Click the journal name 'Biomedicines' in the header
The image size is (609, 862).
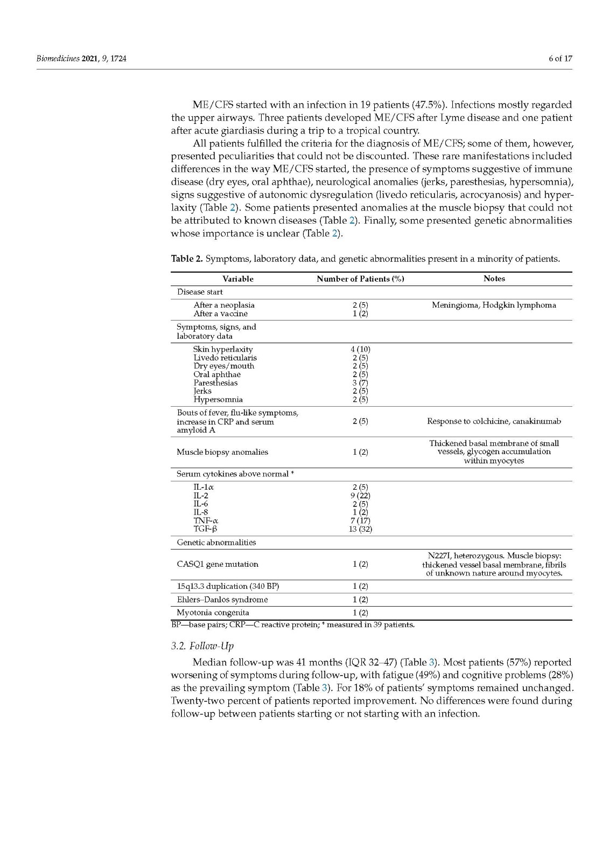[x=58, y=59]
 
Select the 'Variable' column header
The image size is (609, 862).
[x=237, y=279]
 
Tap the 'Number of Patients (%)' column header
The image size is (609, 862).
[x=360, y=279]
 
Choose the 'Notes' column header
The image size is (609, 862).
[x=494, y=279]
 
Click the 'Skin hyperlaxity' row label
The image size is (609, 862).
[x=223, y=349]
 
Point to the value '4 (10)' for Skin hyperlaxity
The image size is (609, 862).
[x=360, y=349]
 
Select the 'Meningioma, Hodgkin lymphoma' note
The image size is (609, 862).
[x=494, y=305]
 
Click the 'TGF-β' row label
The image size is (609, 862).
[x=205, y=529]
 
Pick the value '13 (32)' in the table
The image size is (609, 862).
[x=360, y=529]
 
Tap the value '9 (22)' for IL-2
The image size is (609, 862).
[x=360, y=496]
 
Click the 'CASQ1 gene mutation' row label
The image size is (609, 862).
[x=218, y=564]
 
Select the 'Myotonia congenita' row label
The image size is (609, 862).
[x=213, y=613]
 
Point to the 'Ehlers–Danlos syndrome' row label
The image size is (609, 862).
[x=222, y=600]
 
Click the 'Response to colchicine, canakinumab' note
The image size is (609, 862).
[x=494, y=421]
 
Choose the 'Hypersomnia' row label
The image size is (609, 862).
[x=218, y=400]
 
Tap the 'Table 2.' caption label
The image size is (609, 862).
[x=187, y=259]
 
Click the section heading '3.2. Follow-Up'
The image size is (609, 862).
[x=202, y=646]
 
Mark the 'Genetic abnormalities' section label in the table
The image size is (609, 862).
[x=216, y=543]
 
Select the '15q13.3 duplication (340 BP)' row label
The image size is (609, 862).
[x=228, y=586]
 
